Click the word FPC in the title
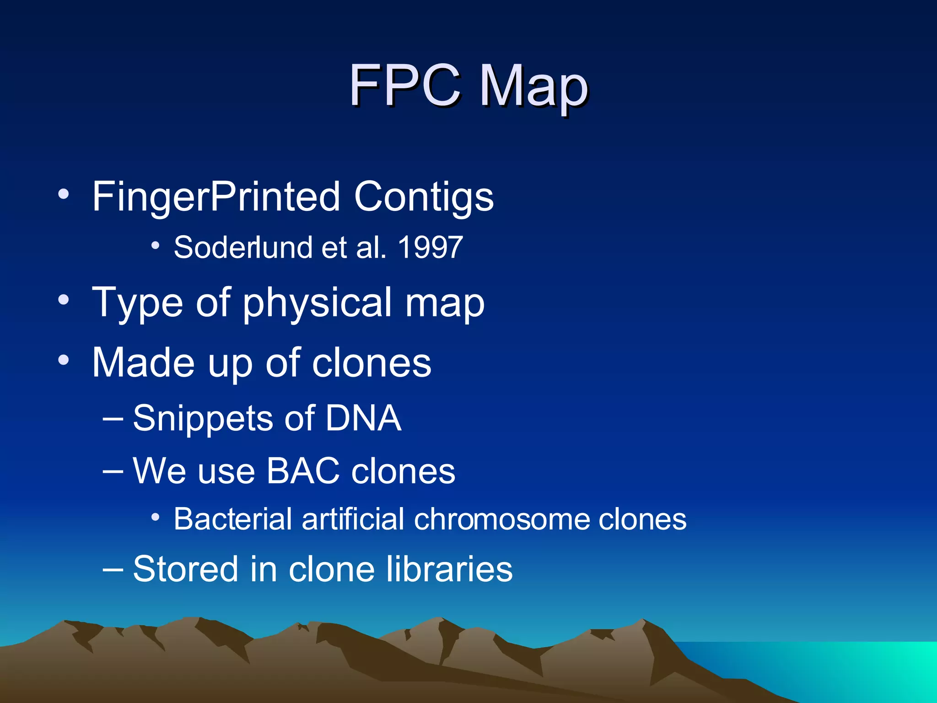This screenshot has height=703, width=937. (x=404, y=85)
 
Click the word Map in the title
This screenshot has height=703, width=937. (x=533, y=87)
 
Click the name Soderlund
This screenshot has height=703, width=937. (x=243, y=248)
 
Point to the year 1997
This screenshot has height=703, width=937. (x=430, y=248)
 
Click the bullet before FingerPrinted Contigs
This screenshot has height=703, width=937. (x=64, y=194)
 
